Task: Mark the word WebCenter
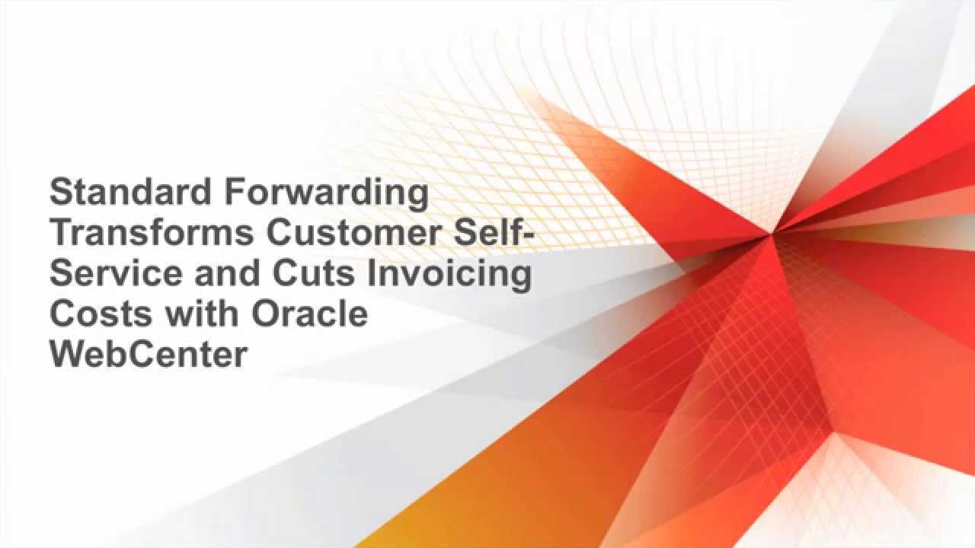149,354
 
